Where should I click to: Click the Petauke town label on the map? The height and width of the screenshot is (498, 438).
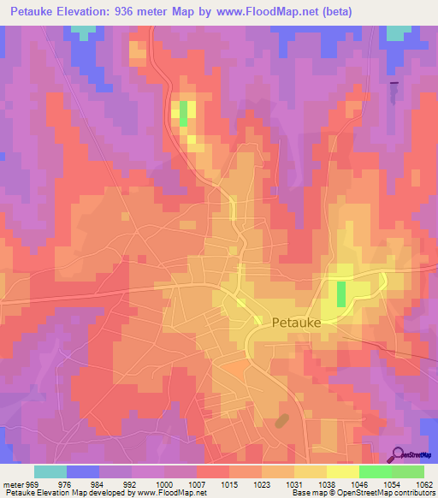point(297,323)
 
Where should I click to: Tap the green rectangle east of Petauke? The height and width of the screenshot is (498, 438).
point(341,293)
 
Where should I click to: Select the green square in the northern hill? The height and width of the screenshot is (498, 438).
point(183,115)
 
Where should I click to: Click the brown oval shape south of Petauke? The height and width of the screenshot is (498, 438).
point(281,420)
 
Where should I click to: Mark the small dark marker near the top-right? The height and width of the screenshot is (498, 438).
point(394,83)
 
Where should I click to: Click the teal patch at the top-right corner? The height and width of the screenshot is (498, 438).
point(398,33)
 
